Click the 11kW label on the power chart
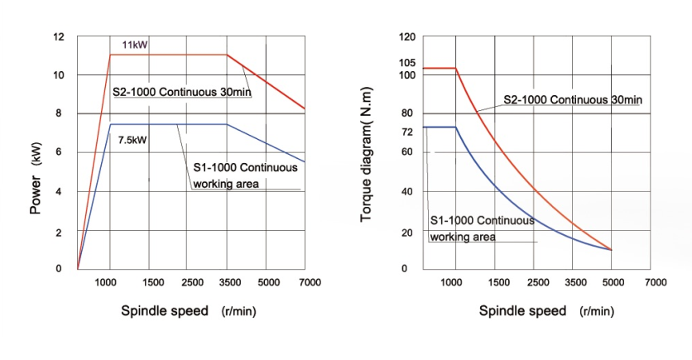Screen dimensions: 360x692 click(x=135, y=45)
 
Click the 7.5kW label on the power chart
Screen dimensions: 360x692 click(x=133, y=141)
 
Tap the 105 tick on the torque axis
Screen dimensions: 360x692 click(x=406, y=63)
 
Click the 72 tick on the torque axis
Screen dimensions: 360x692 click(x=406, y=132)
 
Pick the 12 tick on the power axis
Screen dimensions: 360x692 click(x=58, y=37)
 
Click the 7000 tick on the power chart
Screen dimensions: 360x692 click(x=310, y=282)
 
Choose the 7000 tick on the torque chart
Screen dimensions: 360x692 click(x=655, y=282)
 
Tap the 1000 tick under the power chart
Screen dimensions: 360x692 click(x=106, y=282)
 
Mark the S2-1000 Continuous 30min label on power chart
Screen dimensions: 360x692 click(x=182, y=91)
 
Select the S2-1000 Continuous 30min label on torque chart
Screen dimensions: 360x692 click(x=573, y=99)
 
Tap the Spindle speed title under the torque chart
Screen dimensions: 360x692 click(x=522, y=311)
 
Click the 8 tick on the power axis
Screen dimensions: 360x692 click(x=59, y=113)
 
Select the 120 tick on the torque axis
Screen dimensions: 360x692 click(x=406, y=37)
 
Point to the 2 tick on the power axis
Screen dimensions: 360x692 click(x=59, y=233)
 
